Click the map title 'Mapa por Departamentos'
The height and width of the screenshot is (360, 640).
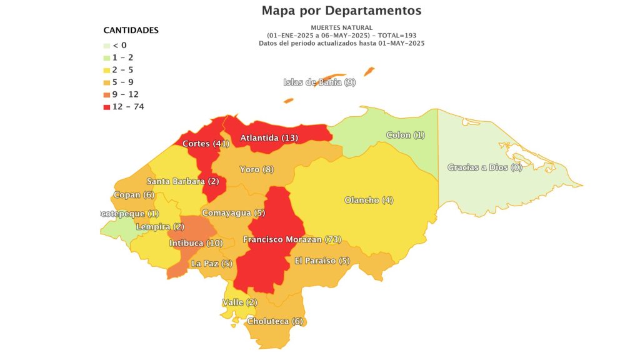click(x=341, y=11)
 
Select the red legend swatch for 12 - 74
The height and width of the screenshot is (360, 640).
click(x=107, y=106)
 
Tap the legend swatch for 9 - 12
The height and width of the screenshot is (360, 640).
click(x=107, y=94)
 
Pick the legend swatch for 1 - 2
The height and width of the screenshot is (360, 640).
click(x=107, y=57)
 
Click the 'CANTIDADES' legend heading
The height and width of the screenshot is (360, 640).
click(x=131, y=30)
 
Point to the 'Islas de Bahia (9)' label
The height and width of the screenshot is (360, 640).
click(x=319, y=82)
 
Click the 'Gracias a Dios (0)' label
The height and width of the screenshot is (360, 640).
click(x=485, y=167)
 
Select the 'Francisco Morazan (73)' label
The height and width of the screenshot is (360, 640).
click(x=292, y=239)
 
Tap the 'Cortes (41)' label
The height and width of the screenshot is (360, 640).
click(x=206, y=144)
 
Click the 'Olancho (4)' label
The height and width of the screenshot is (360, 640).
click(x=369, y=200)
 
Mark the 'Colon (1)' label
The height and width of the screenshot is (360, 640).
click(x=406, y=135)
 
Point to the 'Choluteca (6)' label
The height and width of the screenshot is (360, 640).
click(x=275, y=321)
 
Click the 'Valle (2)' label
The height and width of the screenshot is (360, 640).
click(x=239, y=302)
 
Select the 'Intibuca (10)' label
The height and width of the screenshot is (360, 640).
click(x=196, y=242)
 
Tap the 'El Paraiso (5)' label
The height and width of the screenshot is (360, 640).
click(x=322, y=260)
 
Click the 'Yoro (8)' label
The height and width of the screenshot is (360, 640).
click(x=257, y=169)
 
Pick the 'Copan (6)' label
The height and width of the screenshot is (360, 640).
click(x=134, y=195)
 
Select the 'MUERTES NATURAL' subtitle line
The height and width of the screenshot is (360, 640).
click(x=341, y=27)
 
